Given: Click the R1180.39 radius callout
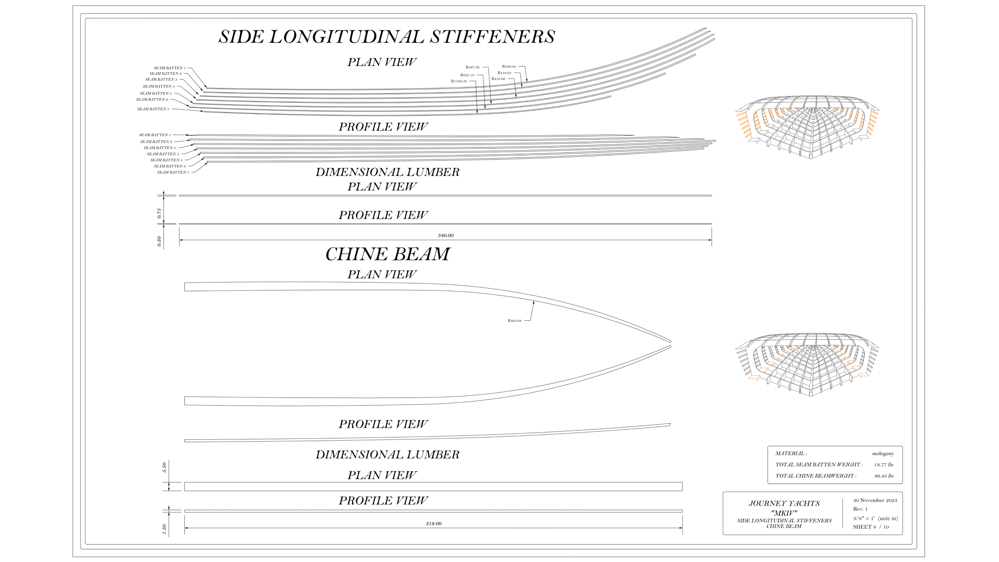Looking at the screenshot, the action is [459, 81].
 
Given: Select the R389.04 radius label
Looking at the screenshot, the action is [509, 67].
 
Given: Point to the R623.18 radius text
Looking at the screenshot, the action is [467, 75].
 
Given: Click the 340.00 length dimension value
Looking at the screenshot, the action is [446, 235].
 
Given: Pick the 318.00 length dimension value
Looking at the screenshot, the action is [434, 523].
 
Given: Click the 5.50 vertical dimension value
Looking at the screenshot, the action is [164, 467].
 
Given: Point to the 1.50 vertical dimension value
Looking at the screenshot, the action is [164, 529].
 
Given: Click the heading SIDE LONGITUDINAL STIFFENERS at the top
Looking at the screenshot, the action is [387, 37].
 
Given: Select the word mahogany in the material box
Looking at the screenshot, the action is [883, 454].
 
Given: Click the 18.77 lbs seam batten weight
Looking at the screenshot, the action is [883, 465].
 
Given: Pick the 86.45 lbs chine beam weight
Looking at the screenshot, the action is [883, 476].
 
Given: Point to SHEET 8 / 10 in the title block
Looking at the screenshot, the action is [871, 527].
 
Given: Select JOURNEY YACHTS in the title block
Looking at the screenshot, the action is [784, 503].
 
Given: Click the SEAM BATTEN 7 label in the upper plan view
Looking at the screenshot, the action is [153, 109].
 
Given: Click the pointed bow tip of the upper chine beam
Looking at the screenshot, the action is [670, 341].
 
